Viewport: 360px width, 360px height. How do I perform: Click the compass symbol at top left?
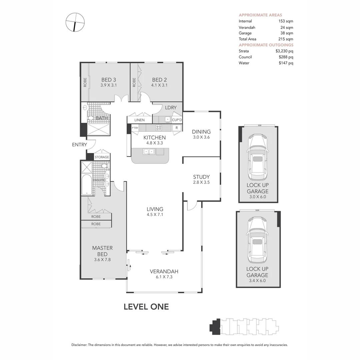75,22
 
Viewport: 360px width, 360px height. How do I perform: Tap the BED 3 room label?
109,80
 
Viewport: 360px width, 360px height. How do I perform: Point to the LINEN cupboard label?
139,120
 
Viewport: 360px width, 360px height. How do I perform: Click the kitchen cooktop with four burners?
159,127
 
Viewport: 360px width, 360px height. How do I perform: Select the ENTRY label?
79,145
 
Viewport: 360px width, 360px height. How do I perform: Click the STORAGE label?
102,157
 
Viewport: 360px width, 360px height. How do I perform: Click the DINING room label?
201,132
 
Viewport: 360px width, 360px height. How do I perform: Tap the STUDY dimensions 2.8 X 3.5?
201,182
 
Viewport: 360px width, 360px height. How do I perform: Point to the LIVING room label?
155,209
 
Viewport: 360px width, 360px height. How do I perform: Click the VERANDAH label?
164,271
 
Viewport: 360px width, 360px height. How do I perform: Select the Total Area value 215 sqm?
286,39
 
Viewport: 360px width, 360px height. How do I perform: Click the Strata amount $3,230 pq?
284,51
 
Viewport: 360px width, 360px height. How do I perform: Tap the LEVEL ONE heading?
146,307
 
